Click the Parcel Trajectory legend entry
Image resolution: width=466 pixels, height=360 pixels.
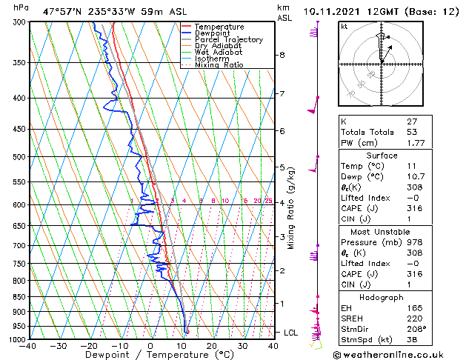pos(228,39)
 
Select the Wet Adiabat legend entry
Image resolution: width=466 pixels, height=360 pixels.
pos(219,53)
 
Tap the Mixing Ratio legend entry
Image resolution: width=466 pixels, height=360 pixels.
pos(219,65)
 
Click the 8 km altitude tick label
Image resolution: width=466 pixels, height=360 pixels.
pos(282,55)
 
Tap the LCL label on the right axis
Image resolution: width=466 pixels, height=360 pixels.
pos(290,333)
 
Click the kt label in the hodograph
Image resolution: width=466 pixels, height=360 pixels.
pos(344,27)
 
